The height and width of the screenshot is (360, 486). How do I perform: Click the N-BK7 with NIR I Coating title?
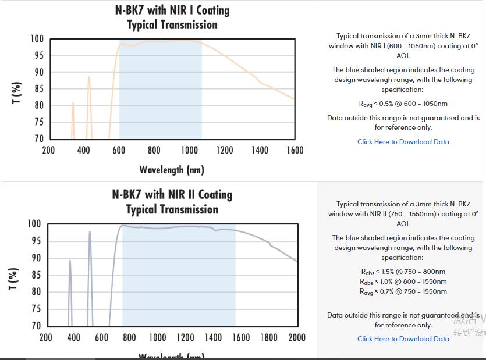(x=172, y=10)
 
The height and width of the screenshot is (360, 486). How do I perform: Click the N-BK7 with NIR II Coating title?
(x=172, y=195)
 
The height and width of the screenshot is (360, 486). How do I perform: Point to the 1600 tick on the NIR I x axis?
(x=295, y=150)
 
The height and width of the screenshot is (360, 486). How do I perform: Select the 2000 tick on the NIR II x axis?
(x=297, y=337)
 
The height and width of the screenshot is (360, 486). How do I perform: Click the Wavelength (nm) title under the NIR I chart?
(x=172, y=170)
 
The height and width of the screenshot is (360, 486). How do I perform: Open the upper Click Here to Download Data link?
(x=403, y=141)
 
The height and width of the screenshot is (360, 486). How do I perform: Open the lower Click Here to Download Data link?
(x=403, y=338)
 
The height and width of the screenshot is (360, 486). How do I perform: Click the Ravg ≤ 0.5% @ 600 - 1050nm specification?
(x=403, y=104)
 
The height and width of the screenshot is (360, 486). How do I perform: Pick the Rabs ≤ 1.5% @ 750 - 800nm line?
(x=403, y=272)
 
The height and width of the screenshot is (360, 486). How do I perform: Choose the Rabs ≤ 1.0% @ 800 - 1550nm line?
(x=403, y=281)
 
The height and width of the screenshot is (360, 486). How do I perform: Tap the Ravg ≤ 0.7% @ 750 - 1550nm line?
(x=403, y=291)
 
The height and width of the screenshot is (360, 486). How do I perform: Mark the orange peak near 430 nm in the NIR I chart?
(x=89, y=78)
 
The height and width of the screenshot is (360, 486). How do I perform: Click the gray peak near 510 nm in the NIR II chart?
(x=90, y=233)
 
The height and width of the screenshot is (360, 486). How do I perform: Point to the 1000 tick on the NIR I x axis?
(x=189, y=150)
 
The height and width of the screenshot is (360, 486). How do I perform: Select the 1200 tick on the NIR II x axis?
(x=185, y=337)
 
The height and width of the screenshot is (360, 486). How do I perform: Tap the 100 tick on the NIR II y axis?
(x=34, y=224)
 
